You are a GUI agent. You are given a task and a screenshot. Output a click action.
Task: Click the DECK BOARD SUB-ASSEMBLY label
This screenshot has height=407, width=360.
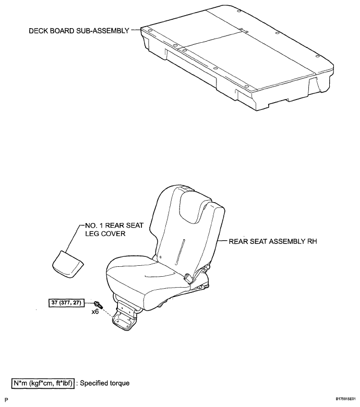point(79,31)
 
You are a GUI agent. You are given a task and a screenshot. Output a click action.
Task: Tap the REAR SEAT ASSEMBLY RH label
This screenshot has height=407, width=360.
point(273,241)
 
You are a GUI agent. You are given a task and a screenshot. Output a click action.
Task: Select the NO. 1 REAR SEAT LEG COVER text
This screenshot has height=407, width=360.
point(114,229)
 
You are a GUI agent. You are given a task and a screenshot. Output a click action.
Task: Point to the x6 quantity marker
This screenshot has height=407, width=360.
point(95,312)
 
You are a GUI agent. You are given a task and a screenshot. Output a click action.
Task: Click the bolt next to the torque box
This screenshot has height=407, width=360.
point(99,304)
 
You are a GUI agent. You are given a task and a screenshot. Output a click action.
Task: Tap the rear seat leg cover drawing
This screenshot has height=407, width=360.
point(68,264)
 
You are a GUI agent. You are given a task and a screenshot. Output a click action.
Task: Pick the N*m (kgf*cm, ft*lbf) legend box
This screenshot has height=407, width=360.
point(43,383)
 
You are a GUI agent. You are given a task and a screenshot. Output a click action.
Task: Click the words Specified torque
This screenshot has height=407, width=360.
point(105,383)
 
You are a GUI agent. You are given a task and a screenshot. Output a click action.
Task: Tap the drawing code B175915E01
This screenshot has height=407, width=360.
point(345,399)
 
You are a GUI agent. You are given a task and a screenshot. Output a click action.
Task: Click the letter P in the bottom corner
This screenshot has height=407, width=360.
point(6,400)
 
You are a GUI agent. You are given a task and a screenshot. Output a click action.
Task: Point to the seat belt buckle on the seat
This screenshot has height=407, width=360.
point(188,278)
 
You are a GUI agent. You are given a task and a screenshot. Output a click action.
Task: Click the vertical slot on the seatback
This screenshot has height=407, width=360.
point(180,252)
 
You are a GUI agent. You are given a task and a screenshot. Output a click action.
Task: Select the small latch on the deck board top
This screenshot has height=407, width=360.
point(244,31)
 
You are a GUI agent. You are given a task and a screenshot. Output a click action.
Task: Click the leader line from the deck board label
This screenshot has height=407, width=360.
point(136,30)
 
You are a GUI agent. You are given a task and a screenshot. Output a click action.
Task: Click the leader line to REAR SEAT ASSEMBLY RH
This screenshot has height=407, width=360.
point(222,241)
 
